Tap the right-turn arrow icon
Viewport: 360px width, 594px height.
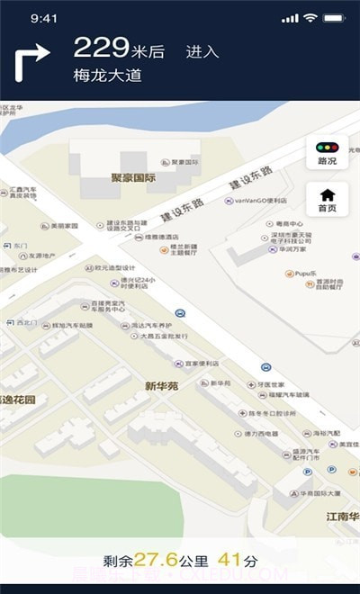[31, 63]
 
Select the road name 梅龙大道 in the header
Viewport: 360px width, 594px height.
[108, 76]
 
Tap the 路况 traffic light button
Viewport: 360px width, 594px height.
[328, 153]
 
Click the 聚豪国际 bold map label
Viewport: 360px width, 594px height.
[133, 178]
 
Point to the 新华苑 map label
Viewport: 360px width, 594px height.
[162, 385]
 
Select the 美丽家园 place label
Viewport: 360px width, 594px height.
[65, 226]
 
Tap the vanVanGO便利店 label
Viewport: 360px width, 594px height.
[261, 201]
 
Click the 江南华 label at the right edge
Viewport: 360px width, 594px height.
[342, 517]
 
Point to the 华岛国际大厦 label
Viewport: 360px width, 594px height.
[319, 493]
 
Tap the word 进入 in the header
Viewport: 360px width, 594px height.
[202, 52]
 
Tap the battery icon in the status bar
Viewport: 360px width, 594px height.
[336, 18]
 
